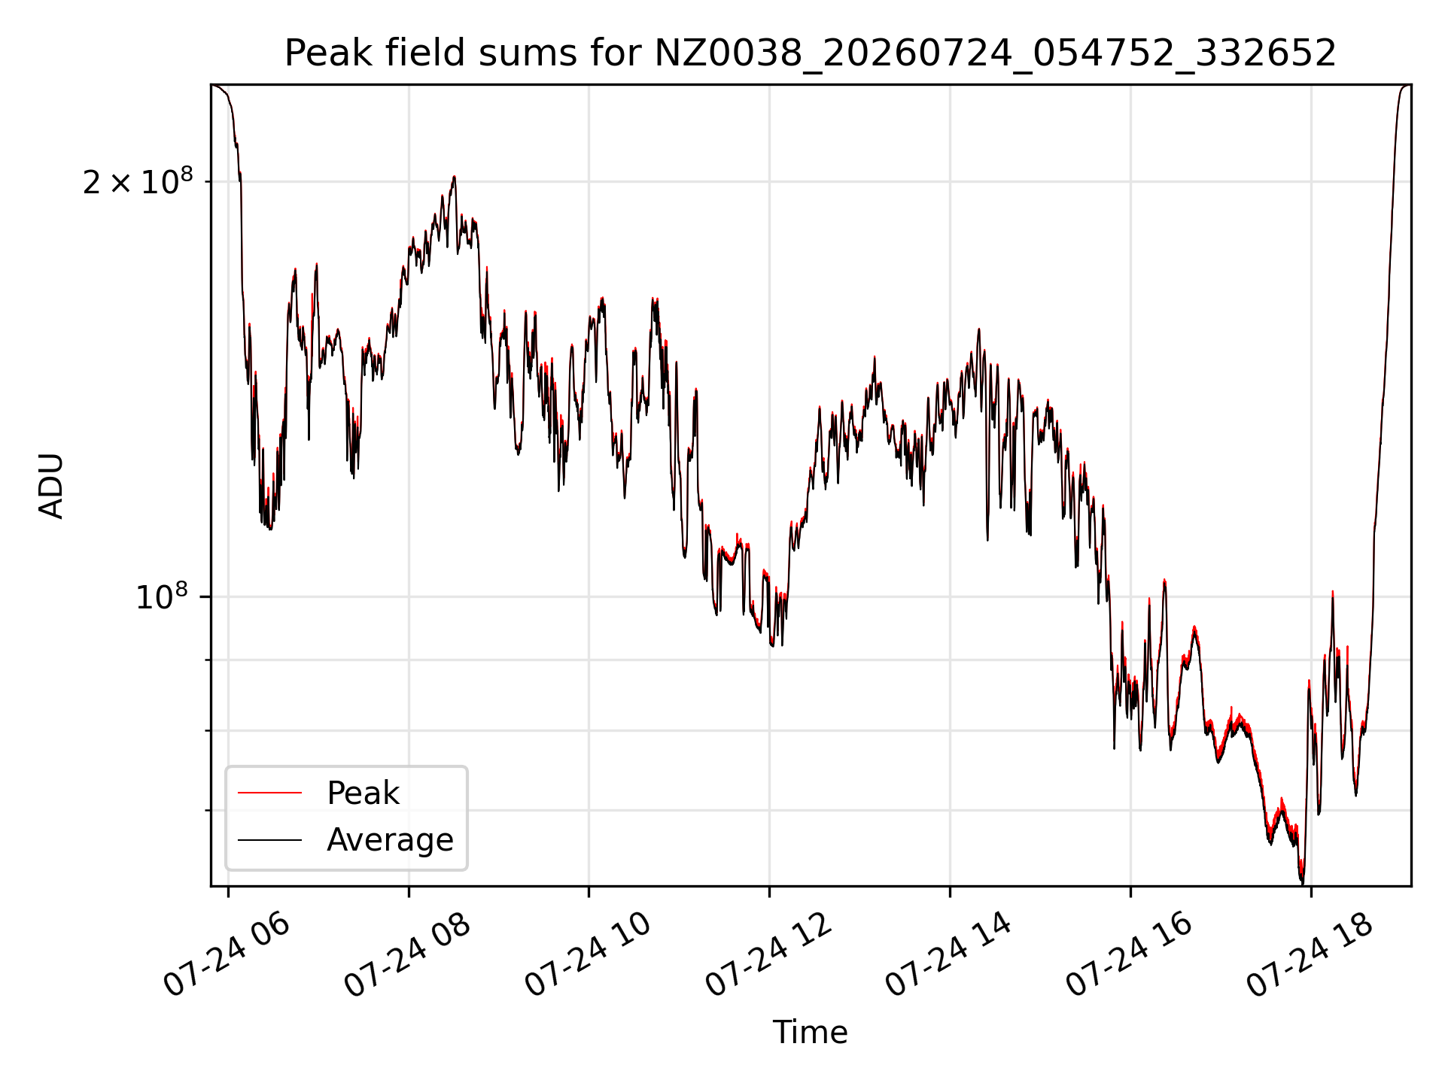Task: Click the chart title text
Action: pos(811,53)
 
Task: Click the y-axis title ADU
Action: pos(51,486)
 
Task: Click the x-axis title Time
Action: pos(811,1033)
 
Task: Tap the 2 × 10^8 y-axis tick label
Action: pos(138,181)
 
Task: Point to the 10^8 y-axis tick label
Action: pos(161,596)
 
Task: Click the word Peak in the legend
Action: pos(363,793)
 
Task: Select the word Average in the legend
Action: pos(390,840)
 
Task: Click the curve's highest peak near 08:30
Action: pos(454,177)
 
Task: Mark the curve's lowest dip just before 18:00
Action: pos(1302,881)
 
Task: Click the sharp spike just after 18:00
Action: pos(1332,593)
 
